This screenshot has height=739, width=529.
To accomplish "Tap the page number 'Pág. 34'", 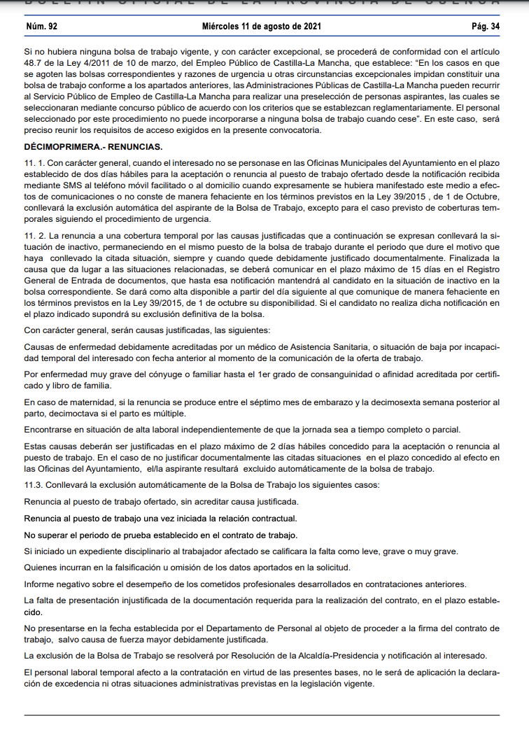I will (486, 27).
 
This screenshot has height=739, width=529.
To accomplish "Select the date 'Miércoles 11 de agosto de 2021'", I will (262, 27).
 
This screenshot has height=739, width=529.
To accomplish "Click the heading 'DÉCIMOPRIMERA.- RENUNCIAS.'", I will (93, 146).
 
